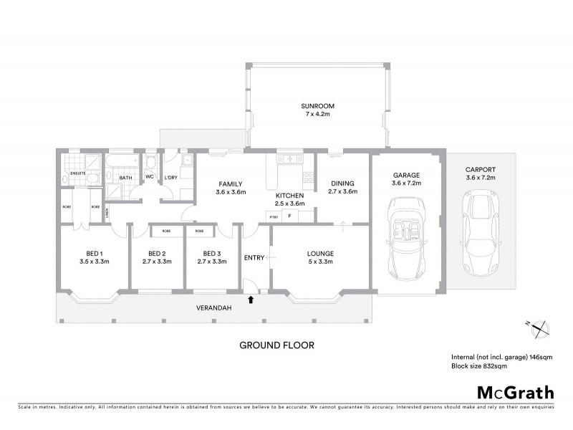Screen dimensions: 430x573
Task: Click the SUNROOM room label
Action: point(317,106)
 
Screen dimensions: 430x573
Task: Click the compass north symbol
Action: point(539,327)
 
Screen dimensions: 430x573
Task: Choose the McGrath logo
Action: point(515,392)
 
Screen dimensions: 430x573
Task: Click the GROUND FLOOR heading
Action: point(276,345)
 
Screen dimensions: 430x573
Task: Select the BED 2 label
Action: point(157,253)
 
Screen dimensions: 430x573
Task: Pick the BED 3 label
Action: point(211,253)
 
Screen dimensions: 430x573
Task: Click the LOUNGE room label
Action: point(319,253)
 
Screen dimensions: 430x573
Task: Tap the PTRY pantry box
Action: point(273,216)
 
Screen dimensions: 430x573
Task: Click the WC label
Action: point(150,176)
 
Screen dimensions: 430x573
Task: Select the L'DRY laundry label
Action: point(171,176)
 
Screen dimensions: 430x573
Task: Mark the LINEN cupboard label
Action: point(107,213)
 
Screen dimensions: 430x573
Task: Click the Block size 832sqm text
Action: point(478,365)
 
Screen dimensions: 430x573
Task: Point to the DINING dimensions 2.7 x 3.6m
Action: point(342,192)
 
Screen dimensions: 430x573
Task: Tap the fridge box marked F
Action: point(289,216)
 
